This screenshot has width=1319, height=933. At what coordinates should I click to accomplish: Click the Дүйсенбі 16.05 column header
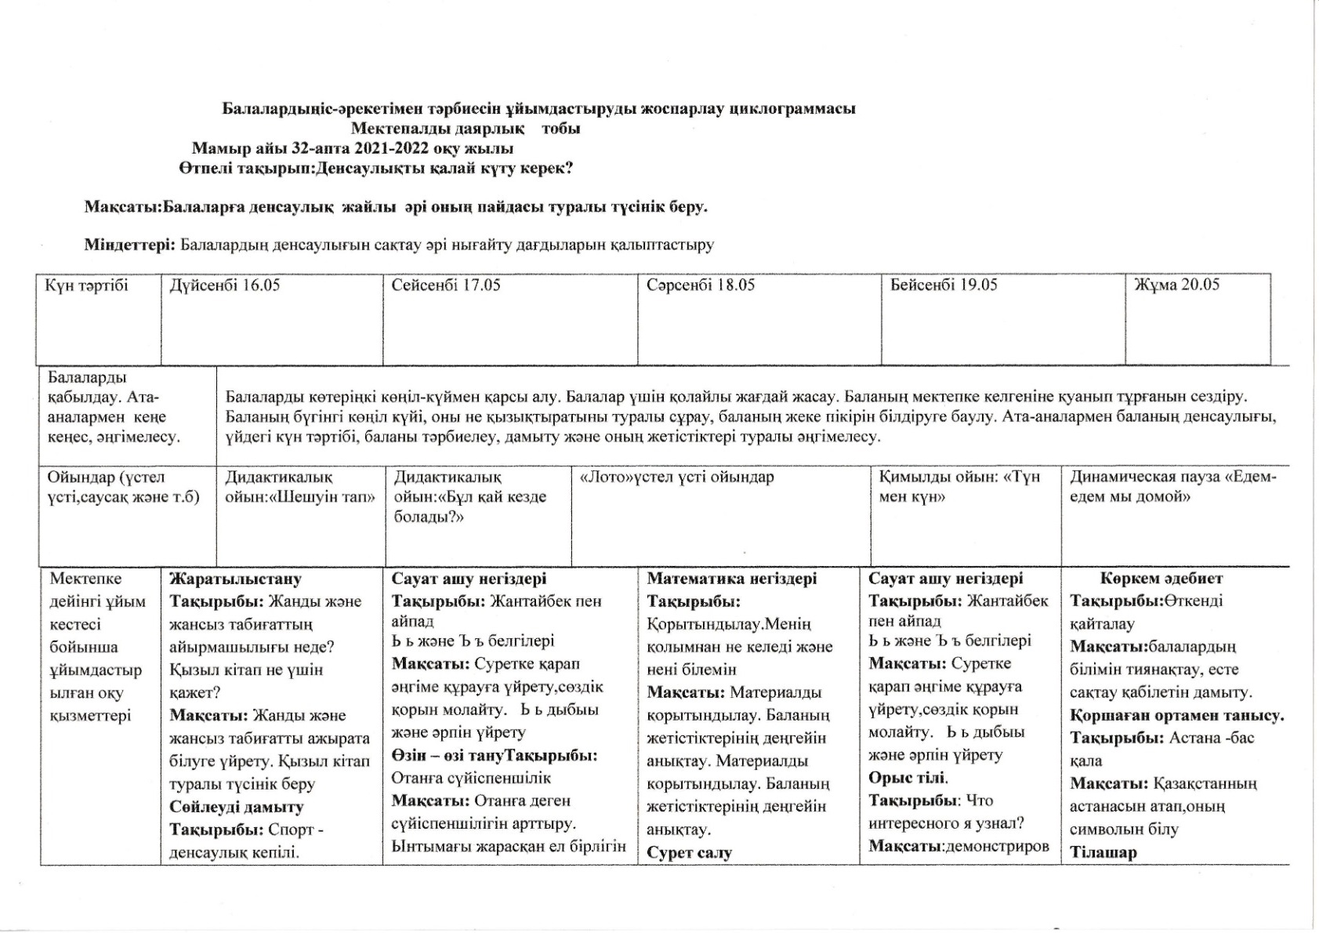[225, 285]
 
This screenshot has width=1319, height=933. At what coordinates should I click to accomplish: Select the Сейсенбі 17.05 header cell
[445, 285]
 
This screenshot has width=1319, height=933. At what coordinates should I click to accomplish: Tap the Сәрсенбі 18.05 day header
[700, 285]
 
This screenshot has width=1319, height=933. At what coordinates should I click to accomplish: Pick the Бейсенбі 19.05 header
[943, 285]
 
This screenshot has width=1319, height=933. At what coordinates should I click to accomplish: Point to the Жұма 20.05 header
[1176, 285]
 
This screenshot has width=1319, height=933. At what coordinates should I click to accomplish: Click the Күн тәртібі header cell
[86, 285]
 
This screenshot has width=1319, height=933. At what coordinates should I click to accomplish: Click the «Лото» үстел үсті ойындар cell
[676, 477]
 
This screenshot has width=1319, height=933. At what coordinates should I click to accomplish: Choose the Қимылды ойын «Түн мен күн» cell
[958, 487]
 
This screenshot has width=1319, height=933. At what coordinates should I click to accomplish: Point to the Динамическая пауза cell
[1172, 487]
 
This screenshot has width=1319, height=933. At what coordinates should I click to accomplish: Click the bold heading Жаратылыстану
[235, 579]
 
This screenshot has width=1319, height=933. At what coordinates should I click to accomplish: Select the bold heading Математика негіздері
[731, 579]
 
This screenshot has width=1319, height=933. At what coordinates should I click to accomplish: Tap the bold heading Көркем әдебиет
[1161, 579]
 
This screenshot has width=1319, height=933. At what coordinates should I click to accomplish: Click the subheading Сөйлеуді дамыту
[236, 807]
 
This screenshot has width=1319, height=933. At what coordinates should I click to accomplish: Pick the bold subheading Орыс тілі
[908, 778]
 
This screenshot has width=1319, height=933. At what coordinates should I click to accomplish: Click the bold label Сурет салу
[689, 853]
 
